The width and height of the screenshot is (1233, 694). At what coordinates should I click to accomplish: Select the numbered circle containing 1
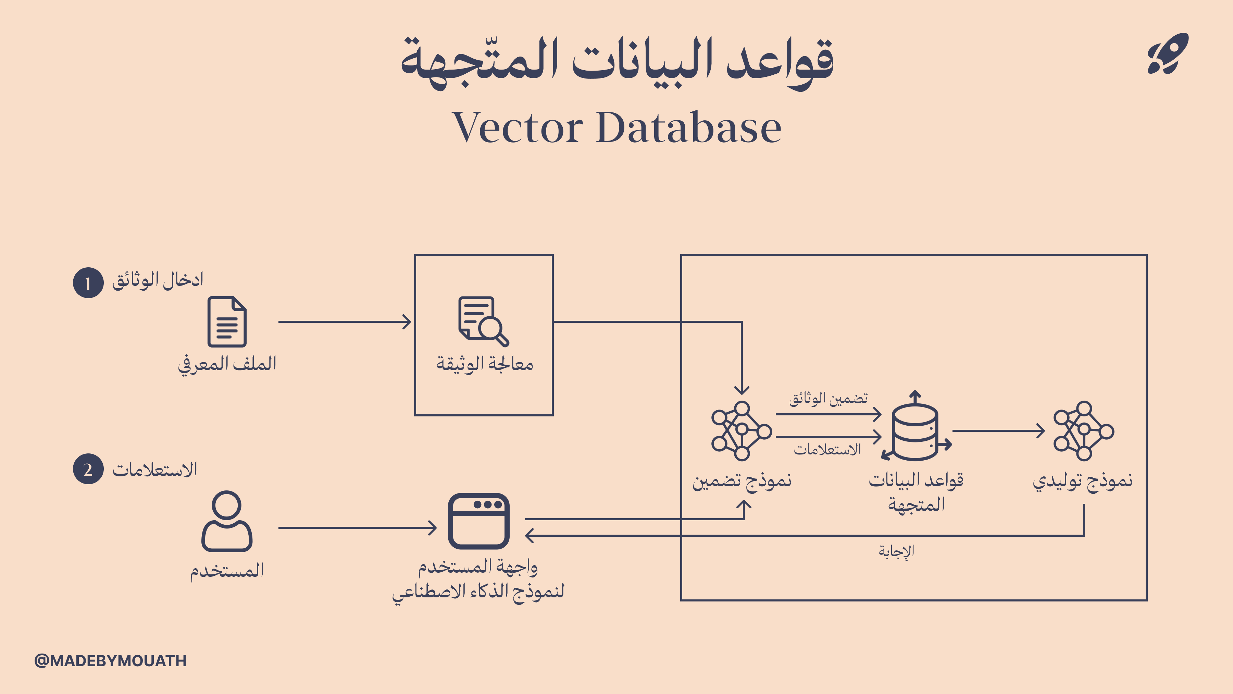88,283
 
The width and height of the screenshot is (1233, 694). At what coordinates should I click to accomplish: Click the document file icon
227,321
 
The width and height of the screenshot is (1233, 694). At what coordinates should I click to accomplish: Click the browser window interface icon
479,521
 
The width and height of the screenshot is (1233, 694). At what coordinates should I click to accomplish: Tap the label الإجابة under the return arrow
896,551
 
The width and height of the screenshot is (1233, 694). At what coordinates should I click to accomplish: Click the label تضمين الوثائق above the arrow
829,399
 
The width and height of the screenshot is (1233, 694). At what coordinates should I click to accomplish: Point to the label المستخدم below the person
227,570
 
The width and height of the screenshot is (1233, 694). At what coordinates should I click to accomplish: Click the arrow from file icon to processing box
345,322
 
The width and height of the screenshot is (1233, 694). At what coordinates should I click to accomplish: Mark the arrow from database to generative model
998,430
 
